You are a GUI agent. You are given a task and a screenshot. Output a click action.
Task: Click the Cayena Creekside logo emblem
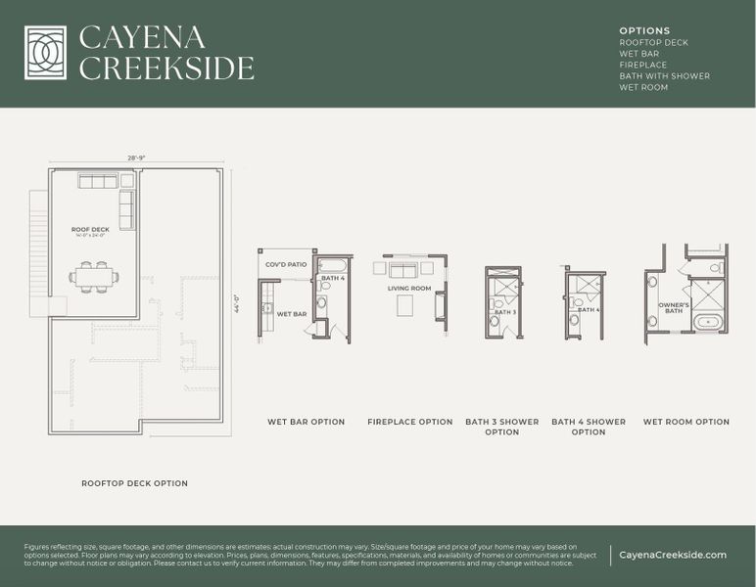point(45,53)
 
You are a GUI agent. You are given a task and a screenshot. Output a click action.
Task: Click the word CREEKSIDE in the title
point(166,68)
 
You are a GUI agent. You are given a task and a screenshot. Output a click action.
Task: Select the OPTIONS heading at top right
point(644,31)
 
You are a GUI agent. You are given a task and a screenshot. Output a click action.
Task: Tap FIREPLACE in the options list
point(642,65)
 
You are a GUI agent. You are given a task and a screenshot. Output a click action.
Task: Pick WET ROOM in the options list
point(643,87)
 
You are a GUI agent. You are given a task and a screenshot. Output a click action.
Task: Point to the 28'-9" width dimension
point(135,158)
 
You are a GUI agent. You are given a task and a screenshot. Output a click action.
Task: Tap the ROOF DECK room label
point(90,230)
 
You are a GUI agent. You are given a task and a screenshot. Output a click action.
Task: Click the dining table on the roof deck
point(94,277)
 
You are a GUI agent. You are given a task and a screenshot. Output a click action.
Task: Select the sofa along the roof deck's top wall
point(98,181)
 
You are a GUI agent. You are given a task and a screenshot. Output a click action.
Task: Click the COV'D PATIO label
point(286,265)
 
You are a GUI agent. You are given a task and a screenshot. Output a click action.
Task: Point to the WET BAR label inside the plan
point(292,314)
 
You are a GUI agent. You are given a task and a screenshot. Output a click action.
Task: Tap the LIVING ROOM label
point(409,289)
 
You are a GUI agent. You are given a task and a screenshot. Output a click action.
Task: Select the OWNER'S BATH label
point(674,307)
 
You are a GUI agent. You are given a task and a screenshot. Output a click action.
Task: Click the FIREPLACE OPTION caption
point(409,422)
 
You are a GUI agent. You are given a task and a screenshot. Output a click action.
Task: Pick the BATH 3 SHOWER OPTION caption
point(501,427)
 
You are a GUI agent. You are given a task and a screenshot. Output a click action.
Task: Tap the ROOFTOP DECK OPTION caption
point(134,483)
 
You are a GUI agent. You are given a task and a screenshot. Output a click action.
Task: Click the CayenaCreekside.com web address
point(673,555)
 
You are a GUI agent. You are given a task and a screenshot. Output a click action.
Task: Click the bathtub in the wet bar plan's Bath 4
point(334,265)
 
